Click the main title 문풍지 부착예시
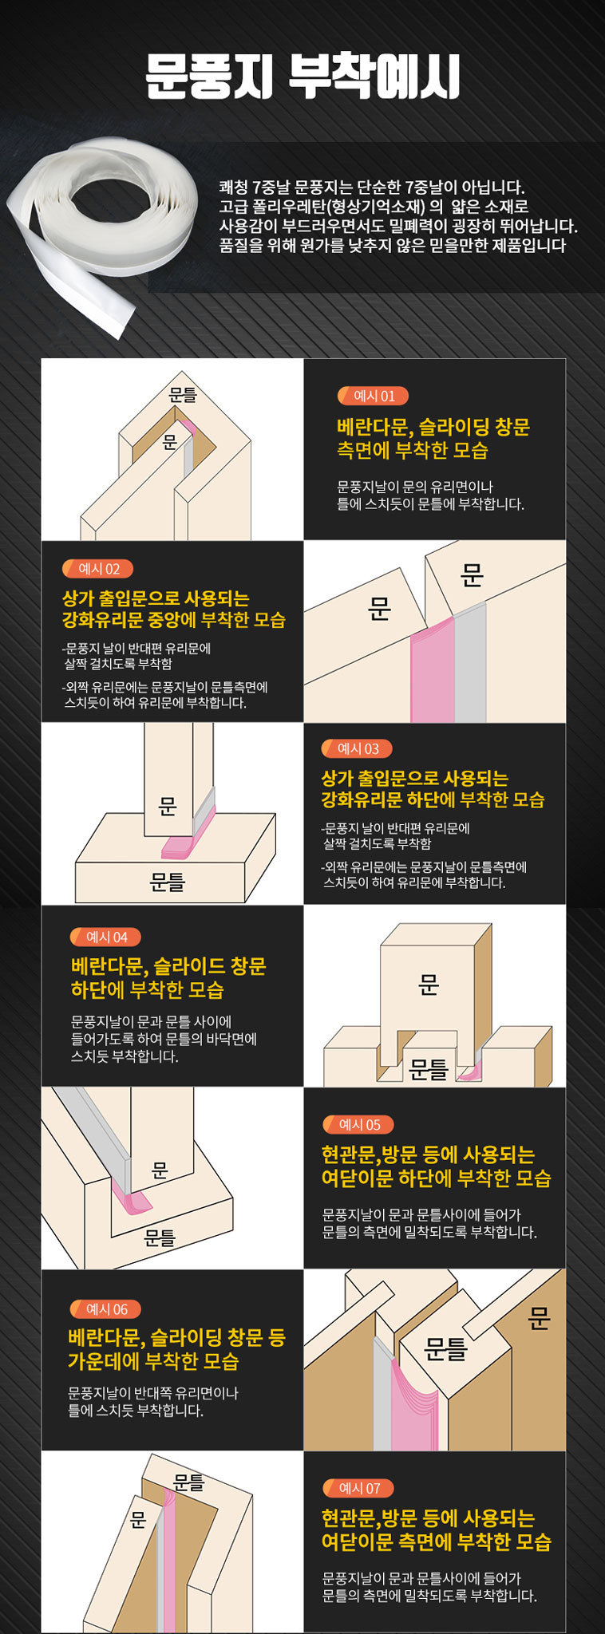point(302,76)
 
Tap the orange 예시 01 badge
point(372,396)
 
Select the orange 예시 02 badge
point(97,569)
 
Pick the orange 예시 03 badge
point(356,748)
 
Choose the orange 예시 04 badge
point(105,937)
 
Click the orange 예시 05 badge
point(358,1124)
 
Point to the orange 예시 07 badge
point(358,1488)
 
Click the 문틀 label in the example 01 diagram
point(183,393)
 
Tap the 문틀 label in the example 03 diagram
point(168,882)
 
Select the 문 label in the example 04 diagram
point(429,986)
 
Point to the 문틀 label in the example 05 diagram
point(160,1237)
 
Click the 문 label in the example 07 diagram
point(138,1519)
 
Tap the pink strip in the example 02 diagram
point(433,669)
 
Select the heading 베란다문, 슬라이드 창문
point(168,966)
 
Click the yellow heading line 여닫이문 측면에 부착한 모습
point(436,1541)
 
